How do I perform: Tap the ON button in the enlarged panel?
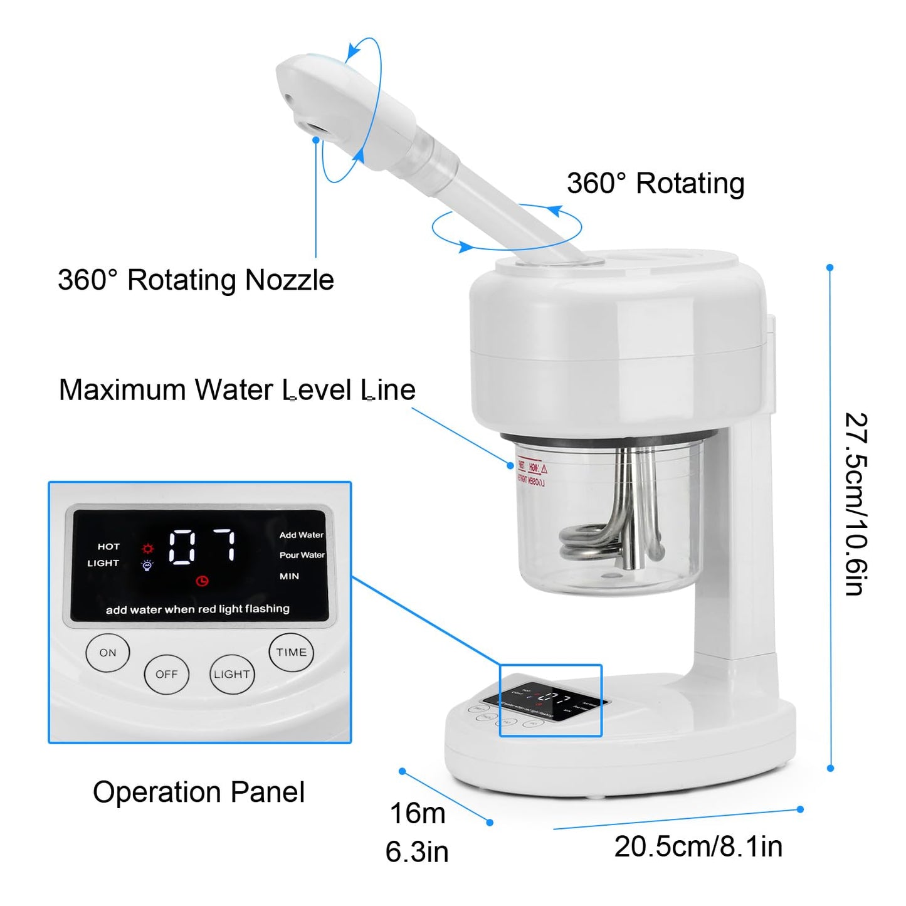tap(108, 653)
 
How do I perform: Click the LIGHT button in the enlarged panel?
tap(232, 675)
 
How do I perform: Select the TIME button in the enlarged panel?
tap(292, 653)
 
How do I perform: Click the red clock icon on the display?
tap(202, 581)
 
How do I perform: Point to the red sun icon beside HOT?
tap(148, 547)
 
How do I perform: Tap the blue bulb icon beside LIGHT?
tap(147, 565)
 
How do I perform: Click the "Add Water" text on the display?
tap(302, 535)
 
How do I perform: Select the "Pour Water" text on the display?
tap(302, 555)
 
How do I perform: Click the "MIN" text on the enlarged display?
tap(289, 576)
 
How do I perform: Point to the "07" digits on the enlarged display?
tap(203, 545)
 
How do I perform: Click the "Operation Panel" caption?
tap(199, 792)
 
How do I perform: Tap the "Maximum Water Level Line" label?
tap(237, 390)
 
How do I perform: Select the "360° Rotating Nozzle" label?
tap(196, 280)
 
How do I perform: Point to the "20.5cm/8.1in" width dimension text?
tap(698, 846)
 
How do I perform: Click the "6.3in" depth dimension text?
tap(417, 852)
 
